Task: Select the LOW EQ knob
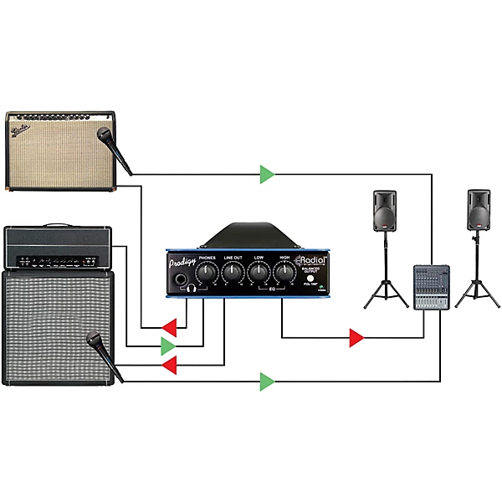pos(259,272)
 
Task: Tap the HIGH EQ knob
pos(284,272)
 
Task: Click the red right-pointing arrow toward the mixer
pos(356,338)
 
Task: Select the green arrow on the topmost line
pos(267,174)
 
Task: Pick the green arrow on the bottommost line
pos(267,382)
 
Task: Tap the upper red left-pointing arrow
pos(170,325)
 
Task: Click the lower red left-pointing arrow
pos(170,365)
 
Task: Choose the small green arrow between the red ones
pos(169,345)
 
